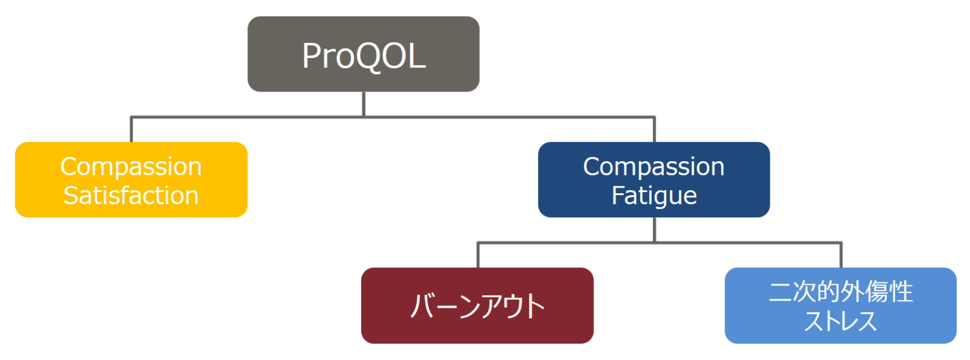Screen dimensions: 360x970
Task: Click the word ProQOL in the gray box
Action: (364, 56)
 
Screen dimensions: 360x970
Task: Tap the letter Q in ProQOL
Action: (373, 56)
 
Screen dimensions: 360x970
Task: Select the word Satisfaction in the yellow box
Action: (131, 195)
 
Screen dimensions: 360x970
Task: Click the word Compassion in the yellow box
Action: (131, 167)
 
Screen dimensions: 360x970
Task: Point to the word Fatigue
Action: (654, 195)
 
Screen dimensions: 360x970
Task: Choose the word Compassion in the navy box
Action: (654, 167)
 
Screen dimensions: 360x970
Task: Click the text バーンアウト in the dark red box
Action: (477, 307)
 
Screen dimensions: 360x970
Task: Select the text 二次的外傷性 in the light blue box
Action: (841, 292)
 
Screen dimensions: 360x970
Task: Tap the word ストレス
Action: (841, 321)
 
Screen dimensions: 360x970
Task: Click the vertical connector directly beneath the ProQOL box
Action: (364, 104)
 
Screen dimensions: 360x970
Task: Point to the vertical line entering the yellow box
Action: (131, 130)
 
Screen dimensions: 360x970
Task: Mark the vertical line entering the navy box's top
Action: (654, 130)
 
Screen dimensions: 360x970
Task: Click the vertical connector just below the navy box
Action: (654, 229)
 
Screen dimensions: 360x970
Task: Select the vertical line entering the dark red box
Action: (478, 256)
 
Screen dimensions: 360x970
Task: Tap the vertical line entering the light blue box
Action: (841, 256)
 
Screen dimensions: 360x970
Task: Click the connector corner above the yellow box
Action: (131, 117)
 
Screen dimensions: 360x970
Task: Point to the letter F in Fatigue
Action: (618, 195)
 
